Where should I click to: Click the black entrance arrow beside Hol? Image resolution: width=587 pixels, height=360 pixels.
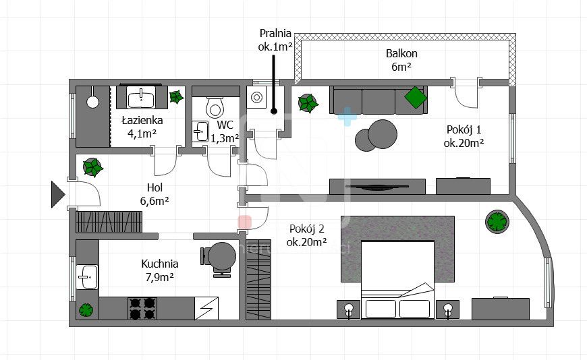(x=57, y=194)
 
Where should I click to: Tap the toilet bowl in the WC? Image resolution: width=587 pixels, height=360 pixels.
(x=215, y=107)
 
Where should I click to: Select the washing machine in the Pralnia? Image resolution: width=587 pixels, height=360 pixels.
(x=256, y=98)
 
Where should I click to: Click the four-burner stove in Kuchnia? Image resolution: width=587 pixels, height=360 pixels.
(x=142, y=308)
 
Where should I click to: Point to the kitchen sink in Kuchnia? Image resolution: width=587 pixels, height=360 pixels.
(x=87, y=276)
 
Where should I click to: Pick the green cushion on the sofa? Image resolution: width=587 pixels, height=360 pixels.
(x=416, y=97)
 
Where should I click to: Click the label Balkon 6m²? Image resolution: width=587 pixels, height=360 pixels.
(x=401, y=60)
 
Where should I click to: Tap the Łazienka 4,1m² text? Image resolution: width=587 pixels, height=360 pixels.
(x=142, y=127)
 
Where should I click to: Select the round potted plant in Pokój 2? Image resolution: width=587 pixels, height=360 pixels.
(x=497, y=222)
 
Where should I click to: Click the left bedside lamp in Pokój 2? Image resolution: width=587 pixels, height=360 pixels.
(x=349, y=309)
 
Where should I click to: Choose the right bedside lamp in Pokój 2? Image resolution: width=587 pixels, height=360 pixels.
(x=448, y=309)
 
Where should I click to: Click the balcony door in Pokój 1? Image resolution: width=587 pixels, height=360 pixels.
(x=466, y=93)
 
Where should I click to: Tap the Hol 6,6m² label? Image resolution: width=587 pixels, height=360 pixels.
(x=155, y=194)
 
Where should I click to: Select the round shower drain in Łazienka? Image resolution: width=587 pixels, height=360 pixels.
(x=92, y=101)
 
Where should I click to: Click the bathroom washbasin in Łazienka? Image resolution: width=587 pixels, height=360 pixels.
(x=141, y=98)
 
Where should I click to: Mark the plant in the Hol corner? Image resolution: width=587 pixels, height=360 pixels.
(x=92, y=167)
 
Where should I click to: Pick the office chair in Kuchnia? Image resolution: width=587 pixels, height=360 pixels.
(x=219, y=259)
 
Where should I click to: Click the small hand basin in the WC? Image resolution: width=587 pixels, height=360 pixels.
(x=200, y=131)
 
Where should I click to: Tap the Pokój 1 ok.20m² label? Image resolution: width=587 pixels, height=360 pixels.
(x=464, y=136)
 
